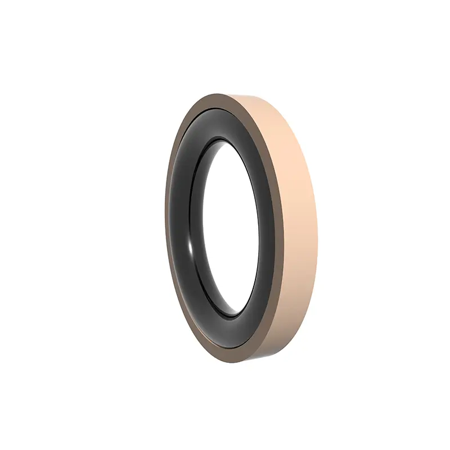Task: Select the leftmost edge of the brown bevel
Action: (x=167, y=225)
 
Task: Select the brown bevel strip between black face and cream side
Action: (x=280, y=225)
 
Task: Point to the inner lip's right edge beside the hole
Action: (x=259, y=225)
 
